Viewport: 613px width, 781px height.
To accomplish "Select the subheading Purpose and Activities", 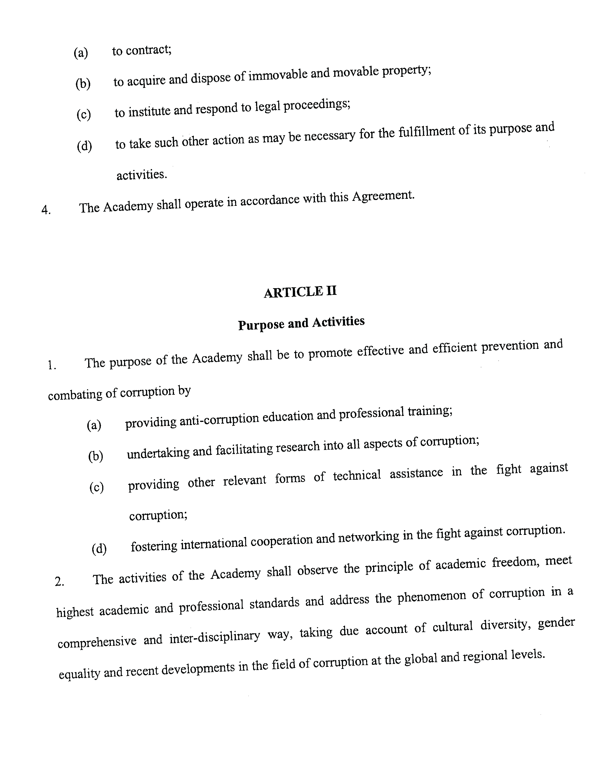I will (x=301, y=323).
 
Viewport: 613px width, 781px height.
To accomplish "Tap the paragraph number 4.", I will (x=46, y=210).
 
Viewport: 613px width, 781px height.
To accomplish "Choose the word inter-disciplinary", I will (x=214, y=636).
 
